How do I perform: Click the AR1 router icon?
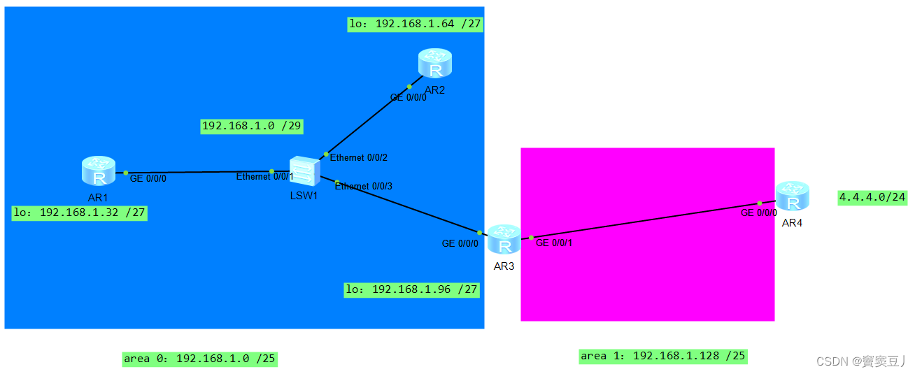tap(98, 171)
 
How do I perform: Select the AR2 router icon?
tap(435, 64)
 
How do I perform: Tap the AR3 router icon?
tap(504, 240)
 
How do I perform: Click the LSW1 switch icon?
tap(305, 170)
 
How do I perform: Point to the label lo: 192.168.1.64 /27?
tap(416, 24)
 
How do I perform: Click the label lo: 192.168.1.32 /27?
tap(80, 213)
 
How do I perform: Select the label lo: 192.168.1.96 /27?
tap(412, 289)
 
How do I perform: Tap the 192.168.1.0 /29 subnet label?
tap(252, 126)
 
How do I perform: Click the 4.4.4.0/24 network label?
tap(872, 198)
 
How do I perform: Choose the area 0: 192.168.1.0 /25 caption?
tap(199, 359)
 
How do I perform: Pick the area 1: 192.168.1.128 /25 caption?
tap(663, 356)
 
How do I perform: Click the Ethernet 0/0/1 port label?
tap(264, 177)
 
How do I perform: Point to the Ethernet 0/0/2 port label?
tap(358, 157)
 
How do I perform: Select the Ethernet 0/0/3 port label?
tap(363, 186)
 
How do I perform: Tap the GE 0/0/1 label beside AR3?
tap(554, 243)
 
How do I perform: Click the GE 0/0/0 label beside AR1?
tap(148, 178)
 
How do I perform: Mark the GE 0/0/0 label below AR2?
tap(409, 98)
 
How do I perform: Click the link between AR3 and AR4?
tap(644, 221)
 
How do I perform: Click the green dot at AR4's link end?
tap(760, 203)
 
